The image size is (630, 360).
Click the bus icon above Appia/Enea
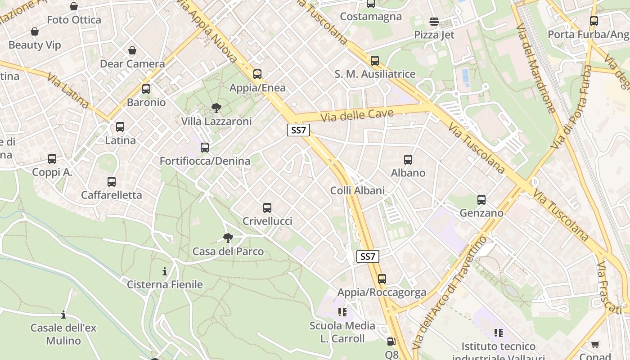pos(257,74)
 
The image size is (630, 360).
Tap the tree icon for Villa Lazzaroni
pos(216,108)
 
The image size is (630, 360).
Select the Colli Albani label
pos(357,190)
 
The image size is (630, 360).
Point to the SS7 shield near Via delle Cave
pos(298,130)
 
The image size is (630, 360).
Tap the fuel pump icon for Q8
pos(391,342)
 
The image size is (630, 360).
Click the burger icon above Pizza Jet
pos(434,21)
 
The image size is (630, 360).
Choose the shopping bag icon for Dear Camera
pos(132,50)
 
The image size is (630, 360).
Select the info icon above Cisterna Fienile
pos(165,271)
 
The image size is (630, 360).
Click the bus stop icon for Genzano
pos(481,200)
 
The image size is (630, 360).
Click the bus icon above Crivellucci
pos(267,208)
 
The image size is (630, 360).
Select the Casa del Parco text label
pos(228,251)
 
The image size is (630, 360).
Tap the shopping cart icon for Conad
pos(595,345)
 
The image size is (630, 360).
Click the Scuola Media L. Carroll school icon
pos(342,312)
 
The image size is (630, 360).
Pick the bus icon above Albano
pos(408,160)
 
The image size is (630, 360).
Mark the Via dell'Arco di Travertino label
pos(449,292)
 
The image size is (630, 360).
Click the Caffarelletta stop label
pos(111,195)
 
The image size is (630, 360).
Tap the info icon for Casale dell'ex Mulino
pos(63,315)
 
